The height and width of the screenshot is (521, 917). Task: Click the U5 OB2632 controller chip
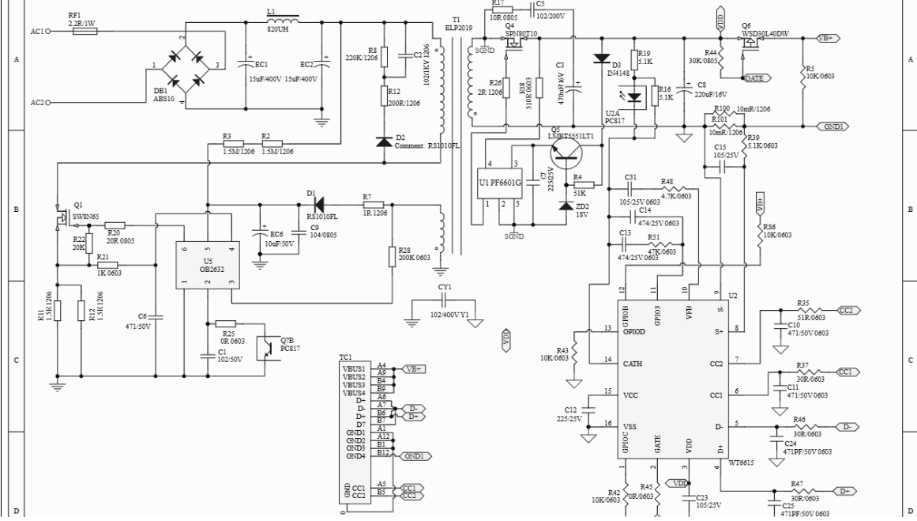[x=207, y=264]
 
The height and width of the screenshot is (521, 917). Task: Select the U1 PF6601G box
[x=501, y=183]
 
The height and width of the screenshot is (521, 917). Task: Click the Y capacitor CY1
[x=445, y=300]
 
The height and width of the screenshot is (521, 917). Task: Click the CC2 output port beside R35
[x=846, y=310]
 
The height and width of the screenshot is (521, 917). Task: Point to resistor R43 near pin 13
[x=575, y=349]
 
